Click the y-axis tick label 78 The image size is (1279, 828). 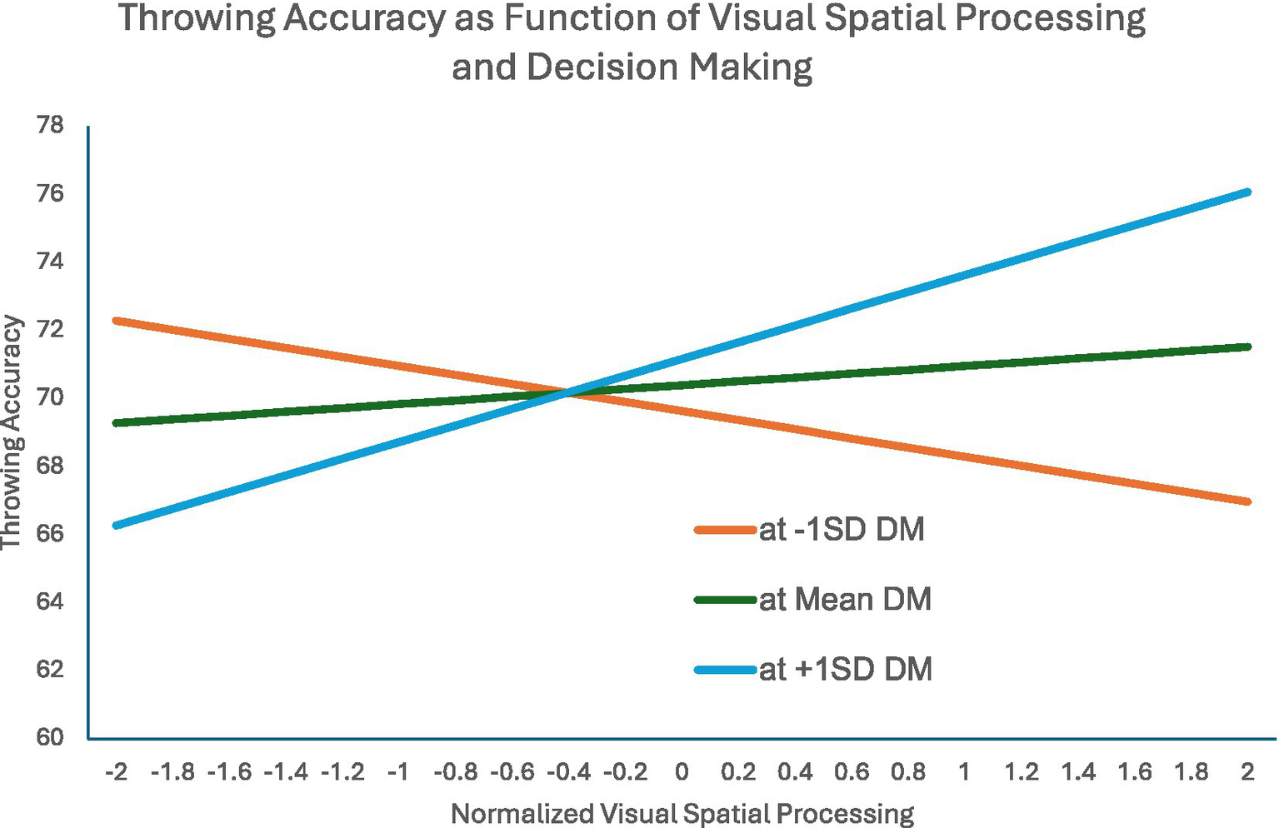[50, 126]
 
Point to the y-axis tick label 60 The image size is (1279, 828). [50, 737]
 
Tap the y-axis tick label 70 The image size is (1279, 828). [50, 397]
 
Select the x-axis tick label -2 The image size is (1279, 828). [117, 772]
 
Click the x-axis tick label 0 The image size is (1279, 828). [682, 772]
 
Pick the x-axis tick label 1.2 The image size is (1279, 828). [1021, 772]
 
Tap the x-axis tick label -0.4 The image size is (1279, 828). [569, 772]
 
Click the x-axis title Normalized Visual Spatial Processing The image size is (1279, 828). [682, 813]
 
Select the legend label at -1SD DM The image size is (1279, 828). [842, 530]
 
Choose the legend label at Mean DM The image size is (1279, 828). [845, 599]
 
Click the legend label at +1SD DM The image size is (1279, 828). [845, 669]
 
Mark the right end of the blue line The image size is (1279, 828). [1247, 192]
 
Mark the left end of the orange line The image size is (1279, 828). [117, 321]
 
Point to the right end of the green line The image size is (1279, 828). [1247, 347]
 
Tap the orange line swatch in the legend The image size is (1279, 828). [726, 530]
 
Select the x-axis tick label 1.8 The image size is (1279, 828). [1191, 772]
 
